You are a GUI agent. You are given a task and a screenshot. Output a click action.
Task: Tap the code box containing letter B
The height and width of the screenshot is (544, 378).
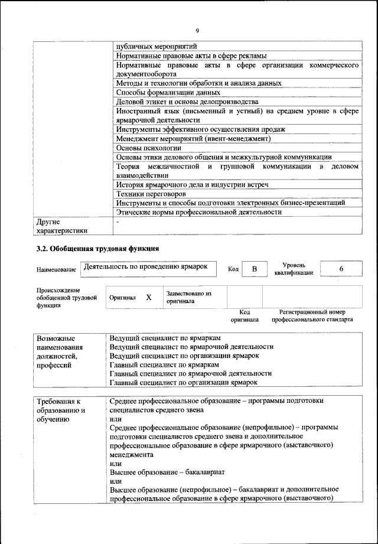coord(255,269)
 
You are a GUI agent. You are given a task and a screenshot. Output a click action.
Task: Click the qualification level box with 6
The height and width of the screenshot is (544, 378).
coord(341,269)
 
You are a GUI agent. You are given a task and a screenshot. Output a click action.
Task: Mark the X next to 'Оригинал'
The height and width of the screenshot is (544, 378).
coord(149,298)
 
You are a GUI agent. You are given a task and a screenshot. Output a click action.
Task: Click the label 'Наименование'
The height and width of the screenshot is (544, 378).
coord(56,270)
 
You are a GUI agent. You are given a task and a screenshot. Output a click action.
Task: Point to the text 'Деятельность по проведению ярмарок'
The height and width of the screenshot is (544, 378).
coord(146,267)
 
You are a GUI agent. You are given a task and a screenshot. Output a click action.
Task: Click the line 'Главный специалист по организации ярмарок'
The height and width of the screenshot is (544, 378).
coord(184,382)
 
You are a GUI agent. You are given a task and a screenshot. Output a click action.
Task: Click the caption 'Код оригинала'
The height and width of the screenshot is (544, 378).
coord(244,315)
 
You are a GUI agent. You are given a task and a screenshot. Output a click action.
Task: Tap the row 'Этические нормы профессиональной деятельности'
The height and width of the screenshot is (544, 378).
coord(198,211)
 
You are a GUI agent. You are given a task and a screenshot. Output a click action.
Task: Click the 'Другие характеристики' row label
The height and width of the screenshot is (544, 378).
coord(61,226)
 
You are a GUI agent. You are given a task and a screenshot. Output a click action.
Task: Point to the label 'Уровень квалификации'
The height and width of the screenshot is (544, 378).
coord(294,269)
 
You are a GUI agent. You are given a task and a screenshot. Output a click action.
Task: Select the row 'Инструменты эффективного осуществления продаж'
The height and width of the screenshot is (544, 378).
coord(201,129)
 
